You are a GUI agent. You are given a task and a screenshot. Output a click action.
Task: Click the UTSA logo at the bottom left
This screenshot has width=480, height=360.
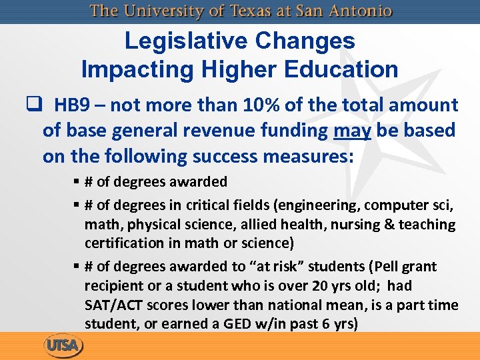pos(63,346)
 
